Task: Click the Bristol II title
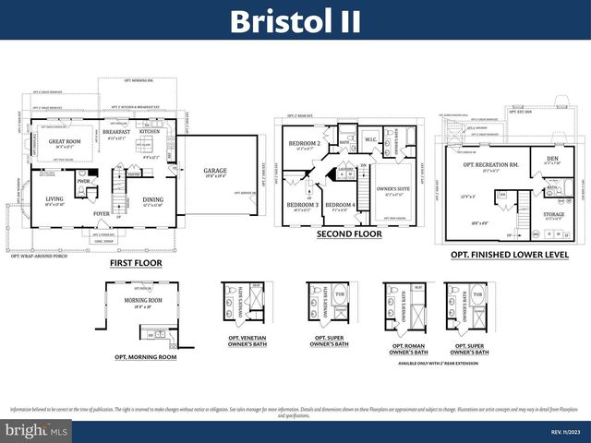pos(295,20)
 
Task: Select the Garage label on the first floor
pos(202,171)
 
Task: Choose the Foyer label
pos(102,214)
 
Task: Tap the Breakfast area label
pos(116,132)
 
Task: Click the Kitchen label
pos(151,132)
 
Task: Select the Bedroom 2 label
pos(304,144)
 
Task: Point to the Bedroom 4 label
pos(340,204)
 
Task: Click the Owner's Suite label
pos(392,189)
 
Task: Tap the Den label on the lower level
pos(552,158)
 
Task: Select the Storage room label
pos(553,214)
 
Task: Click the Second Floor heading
pos(349,234)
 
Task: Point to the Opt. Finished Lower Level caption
pos(509,254)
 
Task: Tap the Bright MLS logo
pos(37,430)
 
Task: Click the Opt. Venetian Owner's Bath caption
pos(244,341)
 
